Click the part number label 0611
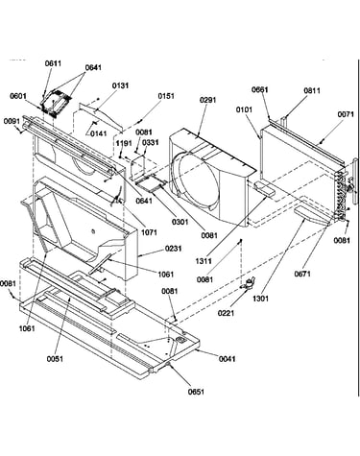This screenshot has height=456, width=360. pos(53,63)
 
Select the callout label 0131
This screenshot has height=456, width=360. pos(120,85)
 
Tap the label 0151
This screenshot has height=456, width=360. pos(166,96)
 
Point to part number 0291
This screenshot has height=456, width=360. pos(208,100)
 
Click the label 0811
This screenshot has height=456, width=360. pos(312,91)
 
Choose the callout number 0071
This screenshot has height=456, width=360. pos(346,114)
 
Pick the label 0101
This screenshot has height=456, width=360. pos(244,109)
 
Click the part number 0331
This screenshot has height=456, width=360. pos(150,142)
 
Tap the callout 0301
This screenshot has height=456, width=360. pos(180,222)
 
